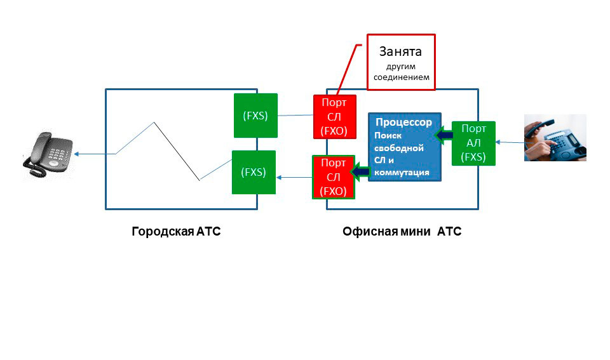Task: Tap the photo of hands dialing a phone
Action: click(555, 137)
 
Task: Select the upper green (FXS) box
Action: click(256, 116)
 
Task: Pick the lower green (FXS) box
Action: click(254, 172)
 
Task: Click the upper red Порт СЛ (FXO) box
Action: click(335, 116)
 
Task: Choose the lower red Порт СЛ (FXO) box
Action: click(334, 177)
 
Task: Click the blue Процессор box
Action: click(405, 147)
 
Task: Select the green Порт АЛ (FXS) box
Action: click(473, 143)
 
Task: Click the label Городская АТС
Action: click(176, 232)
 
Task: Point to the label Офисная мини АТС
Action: click(402, 232)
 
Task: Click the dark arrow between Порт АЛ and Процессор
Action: click(444, 134)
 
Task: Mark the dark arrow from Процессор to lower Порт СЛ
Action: click(362, 170)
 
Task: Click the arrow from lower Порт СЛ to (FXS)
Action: click(294, 177)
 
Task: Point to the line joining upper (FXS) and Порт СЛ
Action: click(295, 115)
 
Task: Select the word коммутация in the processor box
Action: click(402, 171)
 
